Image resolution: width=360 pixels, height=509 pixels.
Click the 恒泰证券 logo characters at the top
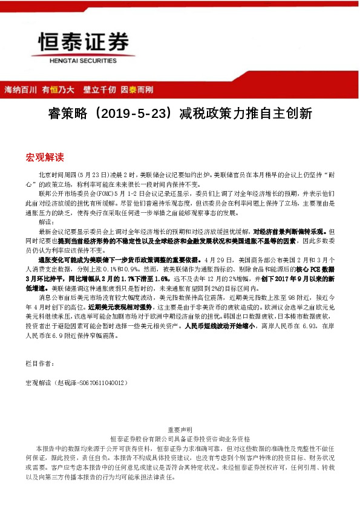point(84,42)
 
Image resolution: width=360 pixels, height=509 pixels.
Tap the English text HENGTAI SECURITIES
point(84,61)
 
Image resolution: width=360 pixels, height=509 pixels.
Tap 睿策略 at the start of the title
point(65,114)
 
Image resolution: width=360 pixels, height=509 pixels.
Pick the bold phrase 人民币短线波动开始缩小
point(217,325)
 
